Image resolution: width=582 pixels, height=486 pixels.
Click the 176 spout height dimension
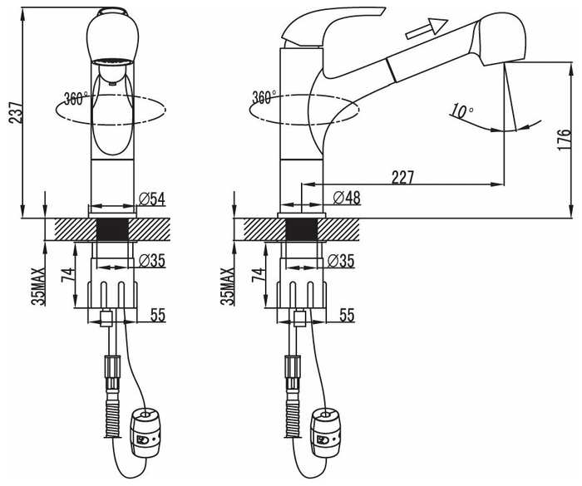tap(564, 139)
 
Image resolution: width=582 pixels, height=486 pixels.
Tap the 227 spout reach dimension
tap(402, 177)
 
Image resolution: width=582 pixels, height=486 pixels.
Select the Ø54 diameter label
tap(152, 199)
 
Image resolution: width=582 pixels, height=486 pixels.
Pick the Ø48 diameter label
tap(347, 198)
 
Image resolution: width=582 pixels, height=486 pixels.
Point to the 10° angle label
tap(461, 110)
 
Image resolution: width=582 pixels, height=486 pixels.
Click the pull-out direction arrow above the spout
tap(427, 28)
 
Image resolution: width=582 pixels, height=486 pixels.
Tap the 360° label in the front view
tap(76, 98)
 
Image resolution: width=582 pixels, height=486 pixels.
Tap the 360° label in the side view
tap(264, 97)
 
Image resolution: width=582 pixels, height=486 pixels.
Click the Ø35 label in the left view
tap(152, 261)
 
